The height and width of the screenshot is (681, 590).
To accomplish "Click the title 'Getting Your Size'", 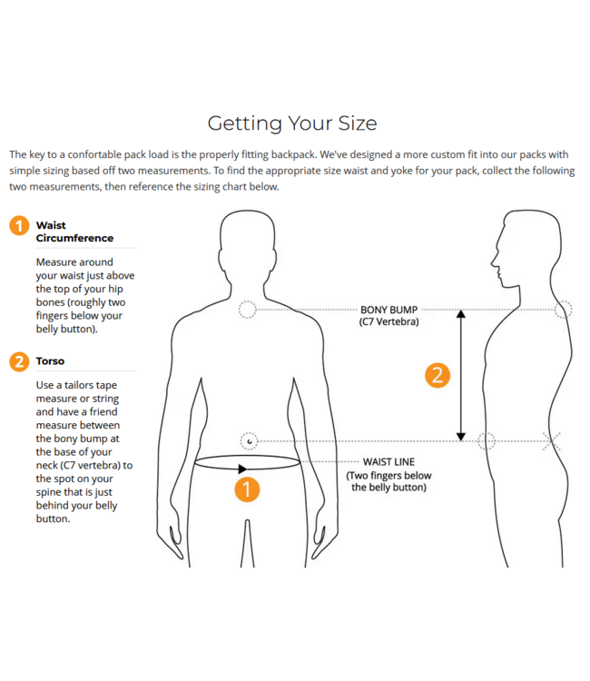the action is click(x=292, y=123).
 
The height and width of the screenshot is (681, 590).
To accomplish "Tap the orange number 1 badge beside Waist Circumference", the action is click(x=19, y=226).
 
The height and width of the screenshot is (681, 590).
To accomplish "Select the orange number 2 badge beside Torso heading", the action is click(x=19, y=361).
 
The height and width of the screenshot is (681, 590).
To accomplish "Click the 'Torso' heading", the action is click(x=50, y=360).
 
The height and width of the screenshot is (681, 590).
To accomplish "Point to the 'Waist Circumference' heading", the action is click(x=74, y=232).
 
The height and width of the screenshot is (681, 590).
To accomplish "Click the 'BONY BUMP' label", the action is click(x=388, y=310).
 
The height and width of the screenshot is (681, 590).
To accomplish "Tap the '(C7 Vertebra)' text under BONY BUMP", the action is click(x=388, y=321).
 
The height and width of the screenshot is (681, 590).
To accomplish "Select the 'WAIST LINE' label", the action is click(x=388, y=461).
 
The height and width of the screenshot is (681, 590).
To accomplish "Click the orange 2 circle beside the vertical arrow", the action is click(x=438, y=375).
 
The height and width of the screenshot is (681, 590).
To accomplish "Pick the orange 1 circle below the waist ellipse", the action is click(x=247, y=489).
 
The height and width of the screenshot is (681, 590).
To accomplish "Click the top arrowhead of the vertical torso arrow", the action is click(x=461, y=313).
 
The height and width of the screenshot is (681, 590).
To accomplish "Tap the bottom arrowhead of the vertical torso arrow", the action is click(x=461, y=437).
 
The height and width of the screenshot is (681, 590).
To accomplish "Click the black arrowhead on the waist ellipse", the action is click(x=242, y=469).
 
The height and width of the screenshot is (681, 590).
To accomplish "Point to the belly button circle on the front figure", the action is click(x=250, y=441).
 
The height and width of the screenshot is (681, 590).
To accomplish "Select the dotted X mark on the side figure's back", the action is click(x=551, y=441).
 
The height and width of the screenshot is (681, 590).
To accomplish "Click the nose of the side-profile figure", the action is click(x=493, y=262).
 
